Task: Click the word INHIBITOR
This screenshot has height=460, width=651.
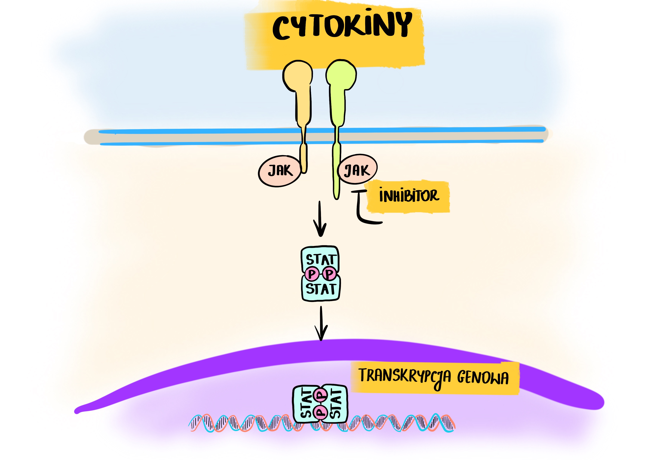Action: tap(409, 195)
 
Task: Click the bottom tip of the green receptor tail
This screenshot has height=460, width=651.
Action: tap(337, 198)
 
